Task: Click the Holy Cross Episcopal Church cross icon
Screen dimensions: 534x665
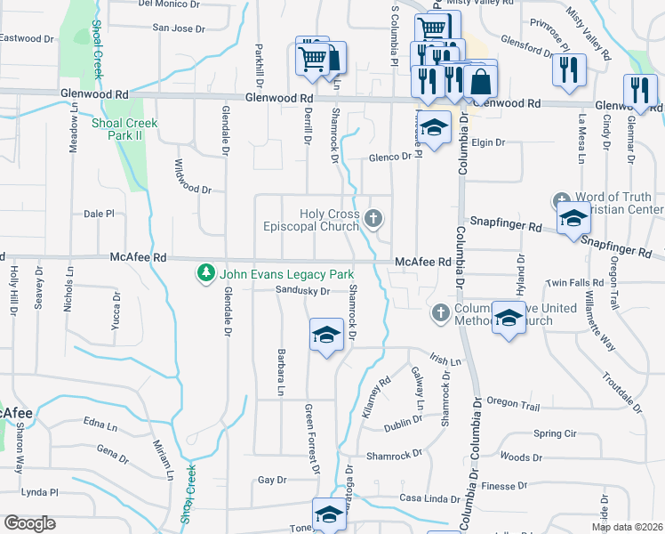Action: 374,217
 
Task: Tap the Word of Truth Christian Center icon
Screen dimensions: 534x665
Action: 560,201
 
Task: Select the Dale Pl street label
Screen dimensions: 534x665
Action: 99,214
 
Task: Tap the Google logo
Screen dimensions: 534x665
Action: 29,523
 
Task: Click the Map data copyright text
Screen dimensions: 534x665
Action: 628,527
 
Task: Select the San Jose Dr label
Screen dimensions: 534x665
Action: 179,28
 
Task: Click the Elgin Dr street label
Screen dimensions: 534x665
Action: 487,142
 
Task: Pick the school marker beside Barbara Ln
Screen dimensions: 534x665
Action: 326,336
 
